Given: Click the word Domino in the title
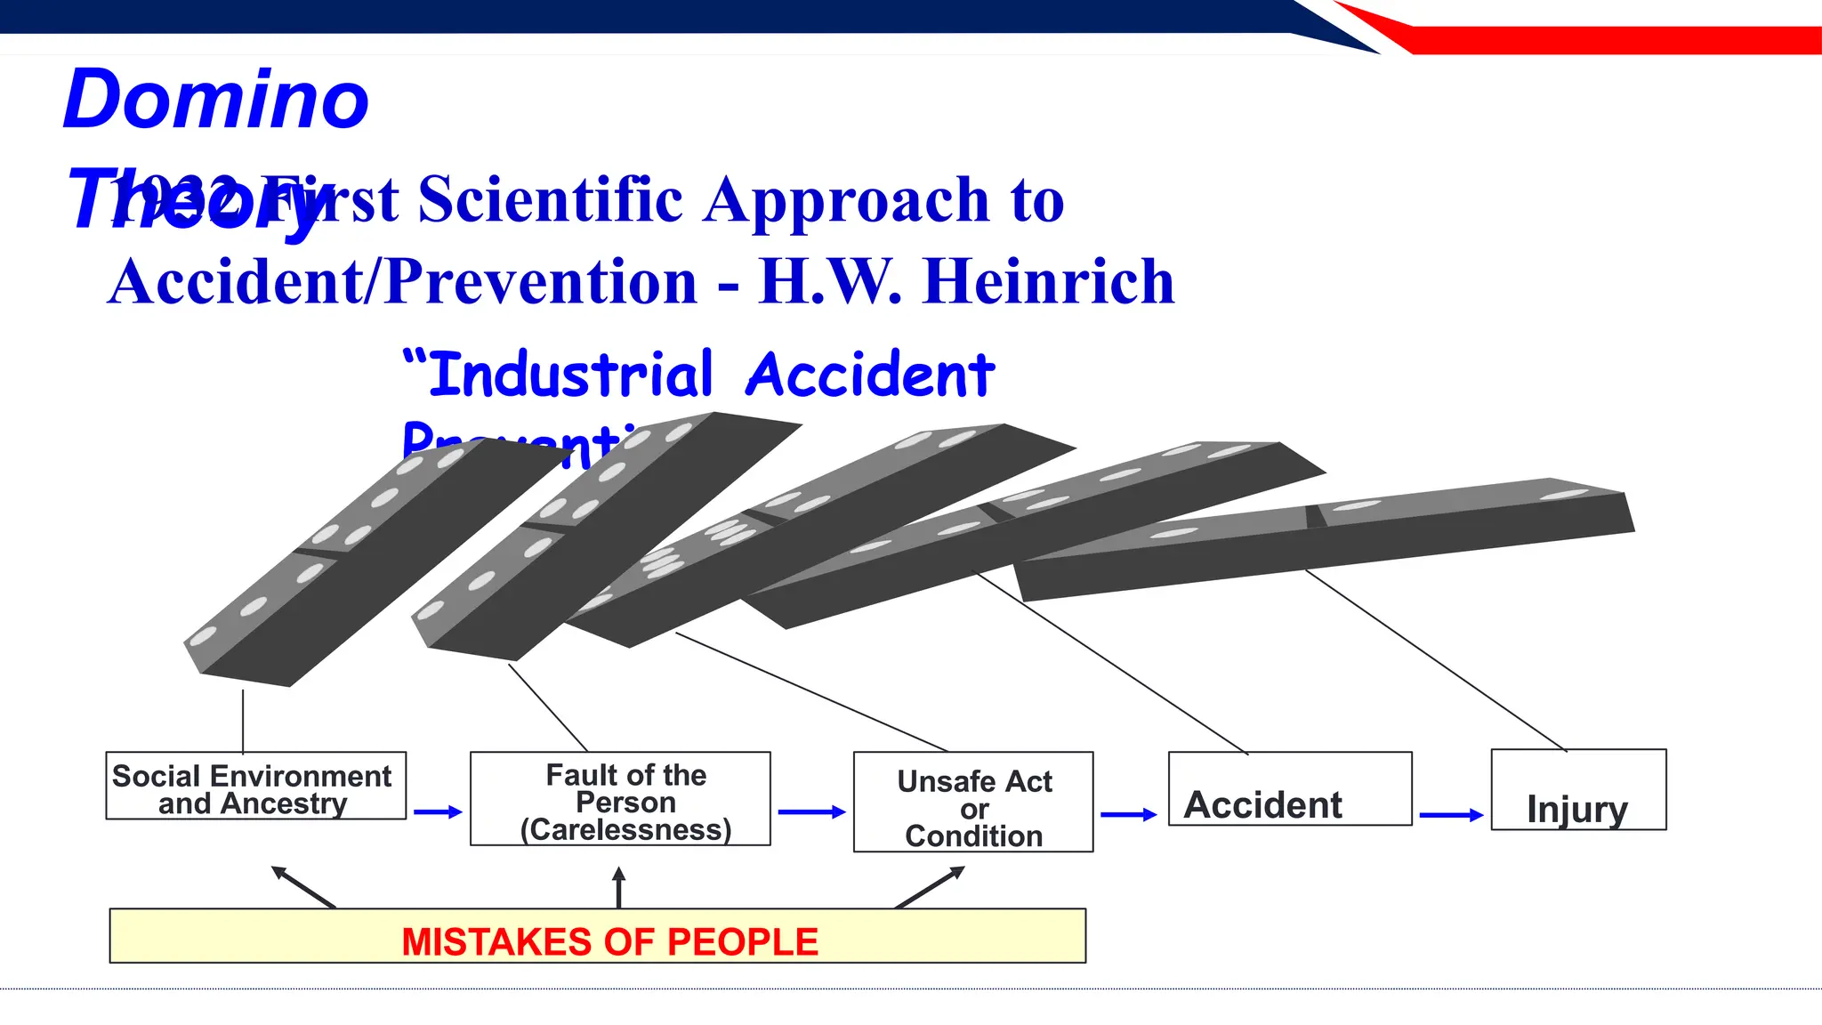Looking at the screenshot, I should click(216, 100).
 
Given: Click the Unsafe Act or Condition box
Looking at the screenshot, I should click(973, 803).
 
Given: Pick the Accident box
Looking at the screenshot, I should click(1289, 790).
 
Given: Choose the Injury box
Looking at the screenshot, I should click(1577, 791).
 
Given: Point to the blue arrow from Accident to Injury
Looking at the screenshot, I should click(1451, 815).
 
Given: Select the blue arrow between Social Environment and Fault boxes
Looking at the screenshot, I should click(438, 812).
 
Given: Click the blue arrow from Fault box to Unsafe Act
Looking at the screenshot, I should click(810, 812).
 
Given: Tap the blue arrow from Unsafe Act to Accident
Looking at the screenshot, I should click(1128, 815).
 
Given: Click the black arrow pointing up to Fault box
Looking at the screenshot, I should click(619, 887).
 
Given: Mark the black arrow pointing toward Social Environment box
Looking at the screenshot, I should click(302, 886).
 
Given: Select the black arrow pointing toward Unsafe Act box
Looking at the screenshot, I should click(931, 887).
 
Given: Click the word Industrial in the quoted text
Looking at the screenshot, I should click(570, 375).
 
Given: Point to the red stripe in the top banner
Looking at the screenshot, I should click(1601, 40).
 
